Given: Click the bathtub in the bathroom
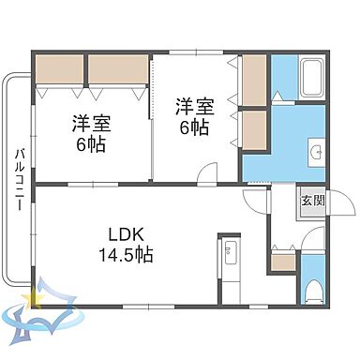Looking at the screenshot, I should [x=310, y=77].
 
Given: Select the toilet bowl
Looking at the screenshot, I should [x=315, y=287].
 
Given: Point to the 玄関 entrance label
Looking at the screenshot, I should [x=311, y=201].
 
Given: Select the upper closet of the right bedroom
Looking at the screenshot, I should [x=254, y=81].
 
